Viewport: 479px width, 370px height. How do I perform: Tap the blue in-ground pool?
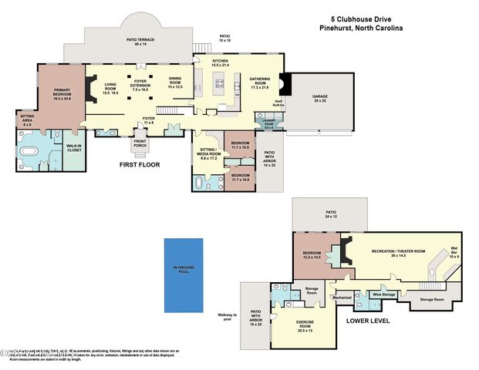tap(184, 274)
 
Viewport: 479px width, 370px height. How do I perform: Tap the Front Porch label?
tap(140, 143)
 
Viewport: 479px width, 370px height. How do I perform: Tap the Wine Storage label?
tap(383, 294)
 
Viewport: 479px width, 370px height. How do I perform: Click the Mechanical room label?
tap(342, 297)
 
